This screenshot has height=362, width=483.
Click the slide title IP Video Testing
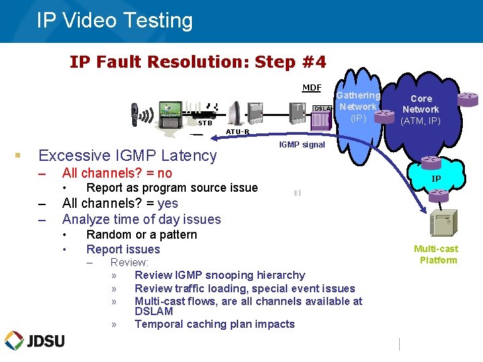115,21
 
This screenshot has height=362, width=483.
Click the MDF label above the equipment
311,88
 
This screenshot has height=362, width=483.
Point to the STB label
205,123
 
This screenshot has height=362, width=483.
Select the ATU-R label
237,131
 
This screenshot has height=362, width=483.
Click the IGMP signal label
301,144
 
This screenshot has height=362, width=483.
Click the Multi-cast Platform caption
436,255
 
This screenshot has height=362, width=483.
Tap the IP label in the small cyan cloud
436,179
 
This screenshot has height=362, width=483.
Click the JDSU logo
35,341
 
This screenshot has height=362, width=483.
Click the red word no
164,173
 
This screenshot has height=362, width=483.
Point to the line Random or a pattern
142,235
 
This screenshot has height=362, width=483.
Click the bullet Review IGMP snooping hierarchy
219,275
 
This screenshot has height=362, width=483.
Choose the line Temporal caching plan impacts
215,324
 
